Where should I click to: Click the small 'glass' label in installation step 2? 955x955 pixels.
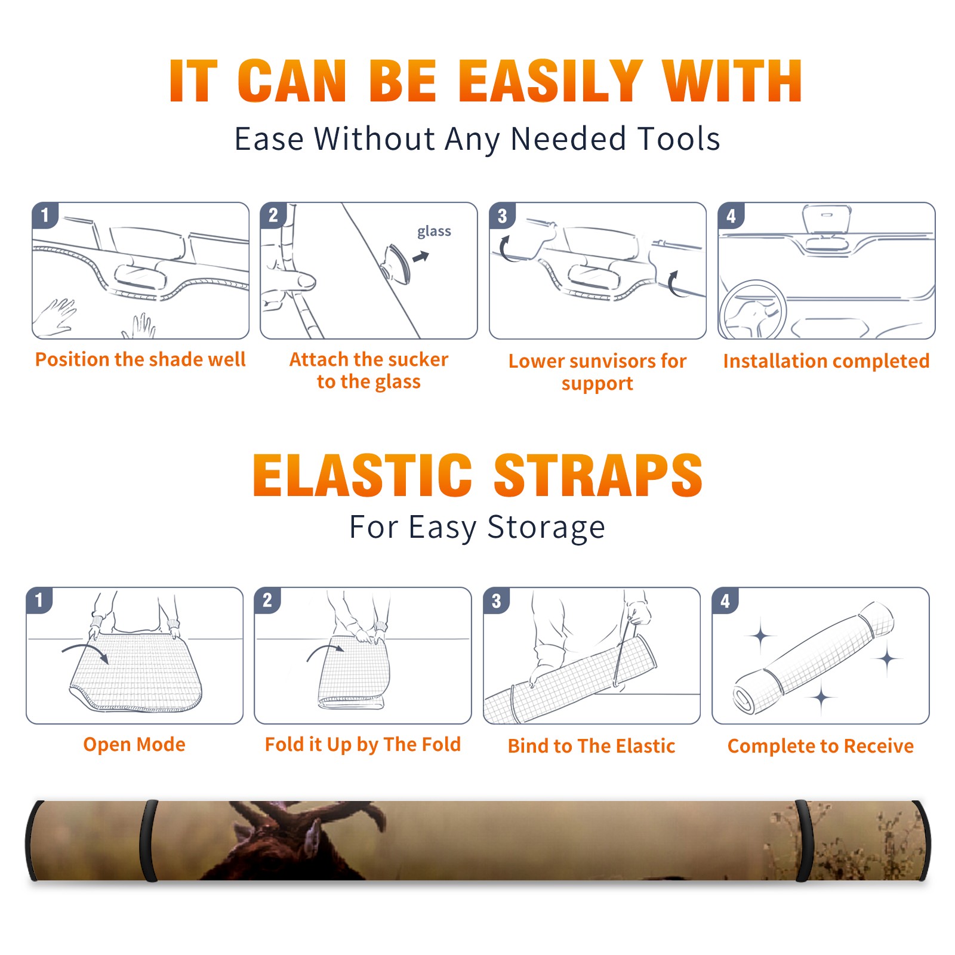[x=434, y=231]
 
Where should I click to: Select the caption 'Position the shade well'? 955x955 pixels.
[x=140, y=359]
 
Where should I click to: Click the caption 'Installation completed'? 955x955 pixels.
[x=826, y=361]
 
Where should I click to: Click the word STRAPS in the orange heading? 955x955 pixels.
[x=598, y=475]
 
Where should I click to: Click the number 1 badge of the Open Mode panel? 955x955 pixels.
[x=39, y=600]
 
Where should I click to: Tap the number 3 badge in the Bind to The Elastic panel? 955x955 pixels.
[x=497, y=600]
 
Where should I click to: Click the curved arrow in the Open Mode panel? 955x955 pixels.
[x=87, y=652]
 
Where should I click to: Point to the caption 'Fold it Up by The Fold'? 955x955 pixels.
[x=363, y=744]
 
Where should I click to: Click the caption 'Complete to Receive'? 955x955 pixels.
[x=821, y=746]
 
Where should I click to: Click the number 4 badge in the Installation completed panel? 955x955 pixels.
[x=731, y=215]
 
